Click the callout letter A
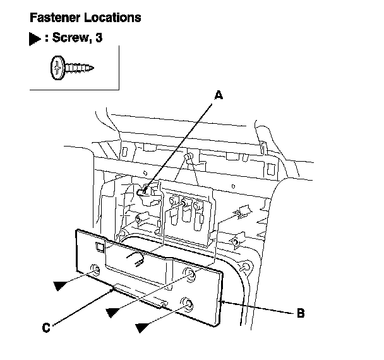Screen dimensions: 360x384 pos(219,95)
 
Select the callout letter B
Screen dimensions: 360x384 pos(301,312)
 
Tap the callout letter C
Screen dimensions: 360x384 pos(46,327)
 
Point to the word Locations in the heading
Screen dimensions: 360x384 pos(113,18)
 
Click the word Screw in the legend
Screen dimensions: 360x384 pos(73,39)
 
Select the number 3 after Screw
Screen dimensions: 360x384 pos(98,39)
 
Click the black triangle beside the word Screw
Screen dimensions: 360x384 pos(34,39)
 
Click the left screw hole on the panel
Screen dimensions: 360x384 pos(95,270)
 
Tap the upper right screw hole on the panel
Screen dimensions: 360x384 pos(189,273)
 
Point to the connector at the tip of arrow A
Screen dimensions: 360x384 pos(147,193)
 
